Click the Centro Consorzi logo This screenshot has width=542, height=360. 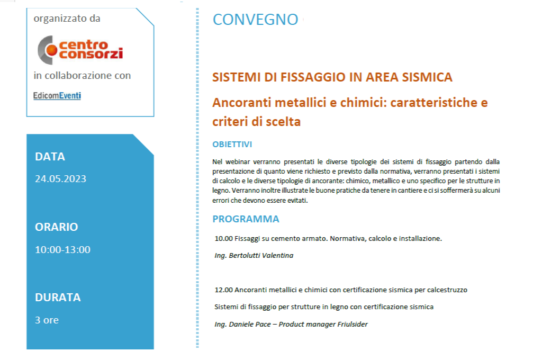pyautogui.click(x=80, y=50)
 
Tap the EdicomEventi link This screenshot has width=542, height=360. pyautogui.click(x=57, y=96)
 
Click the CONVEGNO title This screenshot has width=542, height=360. pyautogui.click(x=256, y=20)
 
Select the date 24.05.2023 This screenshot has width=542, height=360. pyautogui.click(x=60, y=179)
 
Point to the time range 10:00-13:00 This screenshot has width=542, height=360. pyautogui.click(x=62, y=250)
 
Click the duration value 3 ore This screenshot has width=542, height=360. pyautogui.click(x=47, y=320)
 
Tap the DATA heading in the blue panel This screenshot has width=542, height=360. pyautogui.click(x=50, y=157)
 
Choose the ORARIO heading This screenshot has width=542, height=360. pyautogui.click(x=56, y=227)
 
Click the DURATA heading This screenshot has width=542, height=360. pyautogui.click(x=58, y=298)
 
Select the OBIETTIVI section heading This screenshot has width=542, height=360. pyautogui.click(x=232, y=145)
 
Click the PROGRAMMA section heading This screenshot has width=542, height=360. pyautogui.click(x=246, y=219)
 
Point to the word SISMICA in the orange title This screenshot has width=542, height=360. pyautogui.click(x=427, y=77)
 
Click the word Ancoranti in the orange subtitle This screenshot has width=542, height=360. pyautogui.click(x=240, y=103)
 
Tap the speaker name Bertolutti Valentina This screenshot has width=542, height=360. pyautogui.click(x=261, y=256)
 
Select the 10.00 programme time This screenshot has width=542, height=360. pyautogui.click(x=224, y=239)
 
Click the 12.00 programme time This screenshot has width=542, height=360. pyautogui.click(x=224, y=290)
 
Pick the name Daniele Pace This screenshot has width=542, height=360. pyautogui.click(x=250, y=325)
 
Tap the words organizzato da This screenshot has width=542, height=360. pyautogui.click(x=67, y=19)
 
